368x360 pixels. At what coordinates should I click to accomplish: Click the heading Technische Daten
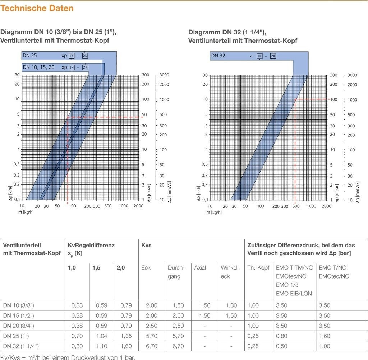(37, 8)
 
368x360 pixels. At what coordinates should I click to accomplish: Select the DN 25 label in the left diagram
(29, 56)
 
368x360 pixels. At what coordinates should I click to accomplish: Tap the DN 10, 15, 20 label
(39, 67)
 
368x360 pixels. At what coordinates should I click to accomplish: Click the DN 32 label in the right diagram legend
(218, 56)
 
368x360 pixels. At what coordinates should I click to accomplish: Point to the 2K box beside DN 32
(273, 56)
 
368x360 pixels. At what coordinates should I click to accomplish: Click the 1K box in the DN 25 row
(72, 56)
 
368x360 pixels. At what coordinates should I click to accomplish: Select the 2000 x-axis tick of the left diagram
(138, 206)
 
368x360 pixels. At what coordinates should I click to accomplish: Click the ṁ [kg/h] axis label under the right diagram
(214, 212)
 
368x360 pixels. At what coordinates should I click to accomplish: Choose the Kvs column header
(147, 245)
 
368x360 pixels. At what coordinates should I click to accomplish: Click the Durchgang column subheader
(176, 272)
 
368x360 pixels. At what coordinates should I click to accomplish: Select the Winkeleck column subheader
(230, 272)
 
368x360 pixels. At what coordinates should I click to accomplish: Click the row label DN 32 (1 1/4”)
(21, 346)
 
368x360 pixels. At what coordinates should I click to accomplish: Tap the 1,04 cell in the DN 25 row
(101, 336)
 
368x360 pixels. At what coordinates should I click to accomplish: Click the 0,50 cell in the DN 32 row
(281, 346)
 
